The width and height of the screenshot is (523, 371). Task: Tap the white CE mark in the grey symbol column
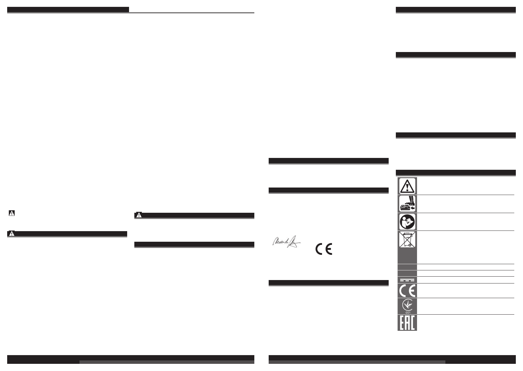[407, 291]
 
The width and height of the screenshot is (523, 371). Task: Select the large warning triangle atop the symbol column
[407, 186]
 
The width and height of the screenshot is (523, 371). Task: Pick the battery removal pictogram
[407, 204]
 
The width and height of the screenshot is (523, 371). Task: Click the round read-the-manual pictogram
[407, 221]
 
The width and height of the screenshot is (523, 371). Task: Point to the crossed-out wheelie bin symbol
[407, 240]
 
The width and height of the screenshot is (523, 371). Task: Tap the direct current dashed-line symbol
[407, 280]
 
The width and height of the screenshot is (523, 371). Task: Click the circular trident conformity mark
[407, 305]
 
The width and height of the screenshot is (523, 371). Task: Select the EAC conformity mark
[407, 323]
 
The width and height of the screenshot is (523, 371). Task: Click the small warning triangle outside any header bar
[12, 213]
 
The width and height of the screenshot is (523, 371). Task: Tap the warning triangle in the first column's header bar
[12, 234]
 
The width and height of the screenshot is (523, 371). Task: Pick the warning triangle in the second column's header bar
[139, 215]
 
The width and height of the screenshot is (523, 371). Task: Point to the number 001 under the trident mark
[407, 312]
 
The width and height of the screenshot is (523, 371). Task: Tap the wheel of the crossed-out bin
[410, 245]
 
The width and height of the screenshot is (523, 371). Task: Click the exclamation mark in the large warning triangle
[407, 187]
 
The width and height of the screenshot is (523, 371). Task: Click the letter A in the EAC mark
[407, 323]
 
